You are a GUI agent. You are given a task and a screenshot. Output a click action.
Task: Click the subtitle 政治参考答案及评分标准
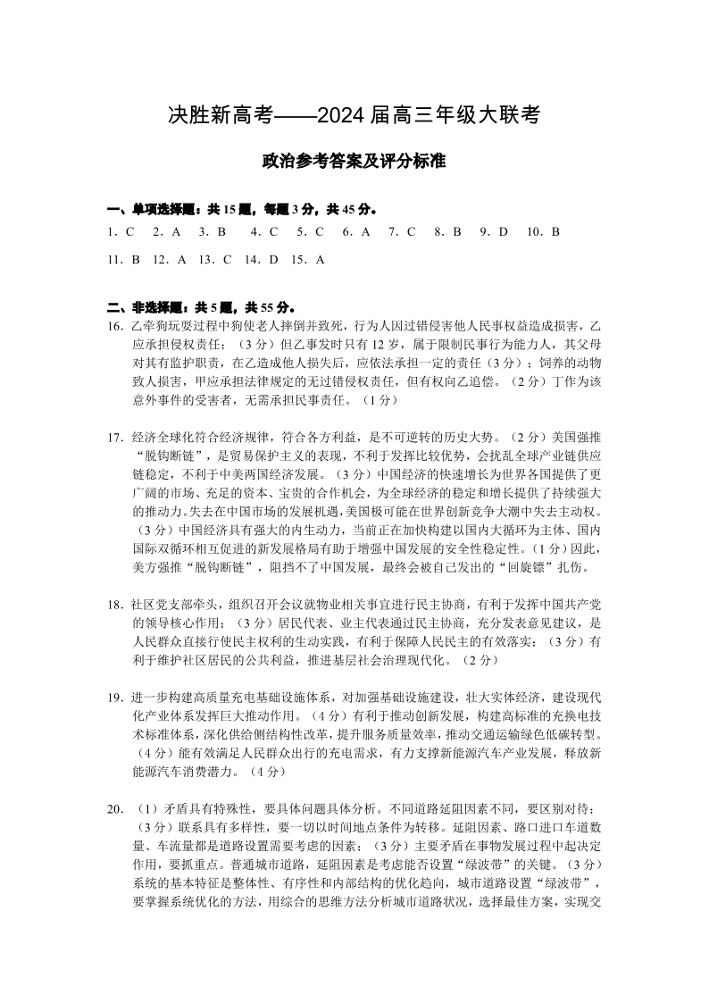[354, 163]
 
